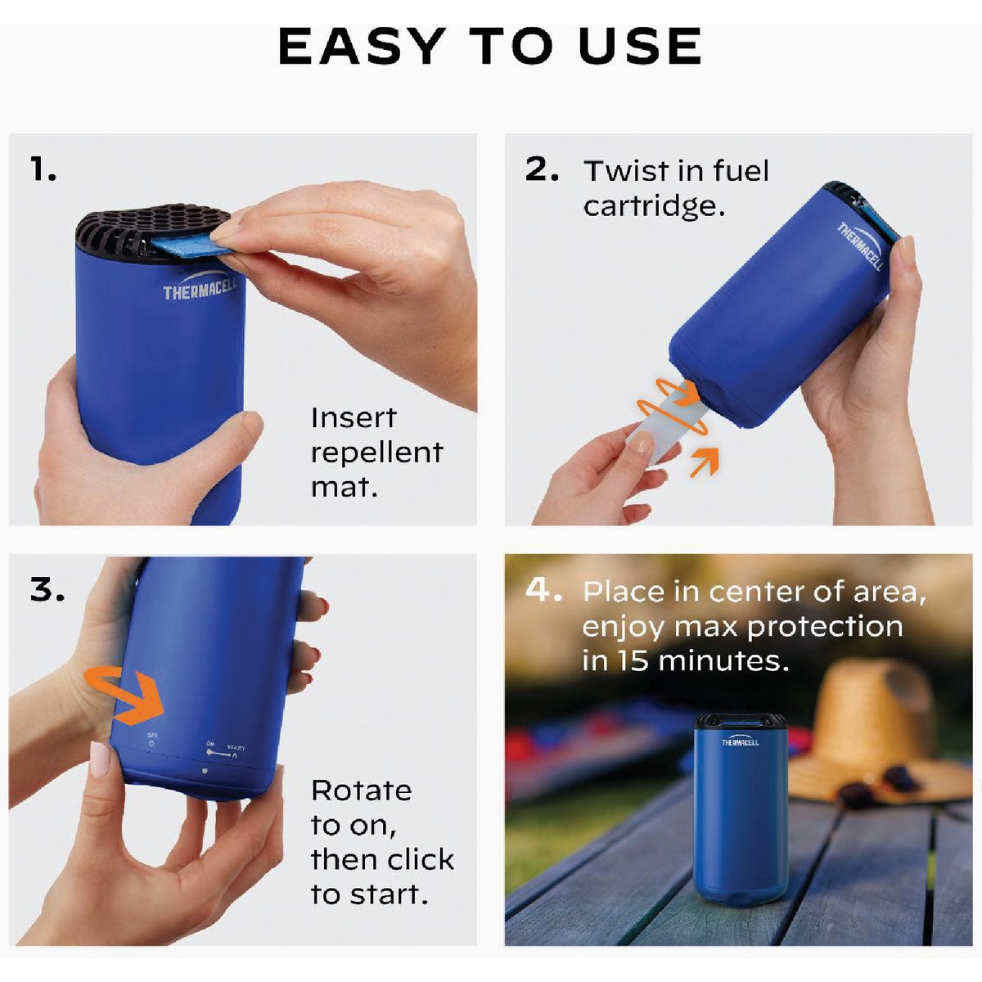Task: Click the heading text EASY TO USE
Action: (x=490, y=47)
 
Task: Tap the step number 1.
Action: (x=43, y=169)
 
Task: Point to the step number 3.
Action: (x=47, y=589)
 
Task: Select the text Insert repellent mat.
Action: (x=376, y=452)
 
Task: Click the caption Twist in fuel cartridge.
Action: (x=676, y=188)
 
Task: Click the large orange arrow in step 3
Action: (x=131, y=693)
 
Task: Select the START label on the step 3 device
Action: (x=235, y=748)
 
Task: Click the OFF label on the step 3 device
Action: (x=152, y=736)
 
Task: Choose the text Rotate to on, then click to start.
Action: (x=381, y=843)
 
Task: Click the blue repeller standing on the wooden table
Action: (x=741, y=818)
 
